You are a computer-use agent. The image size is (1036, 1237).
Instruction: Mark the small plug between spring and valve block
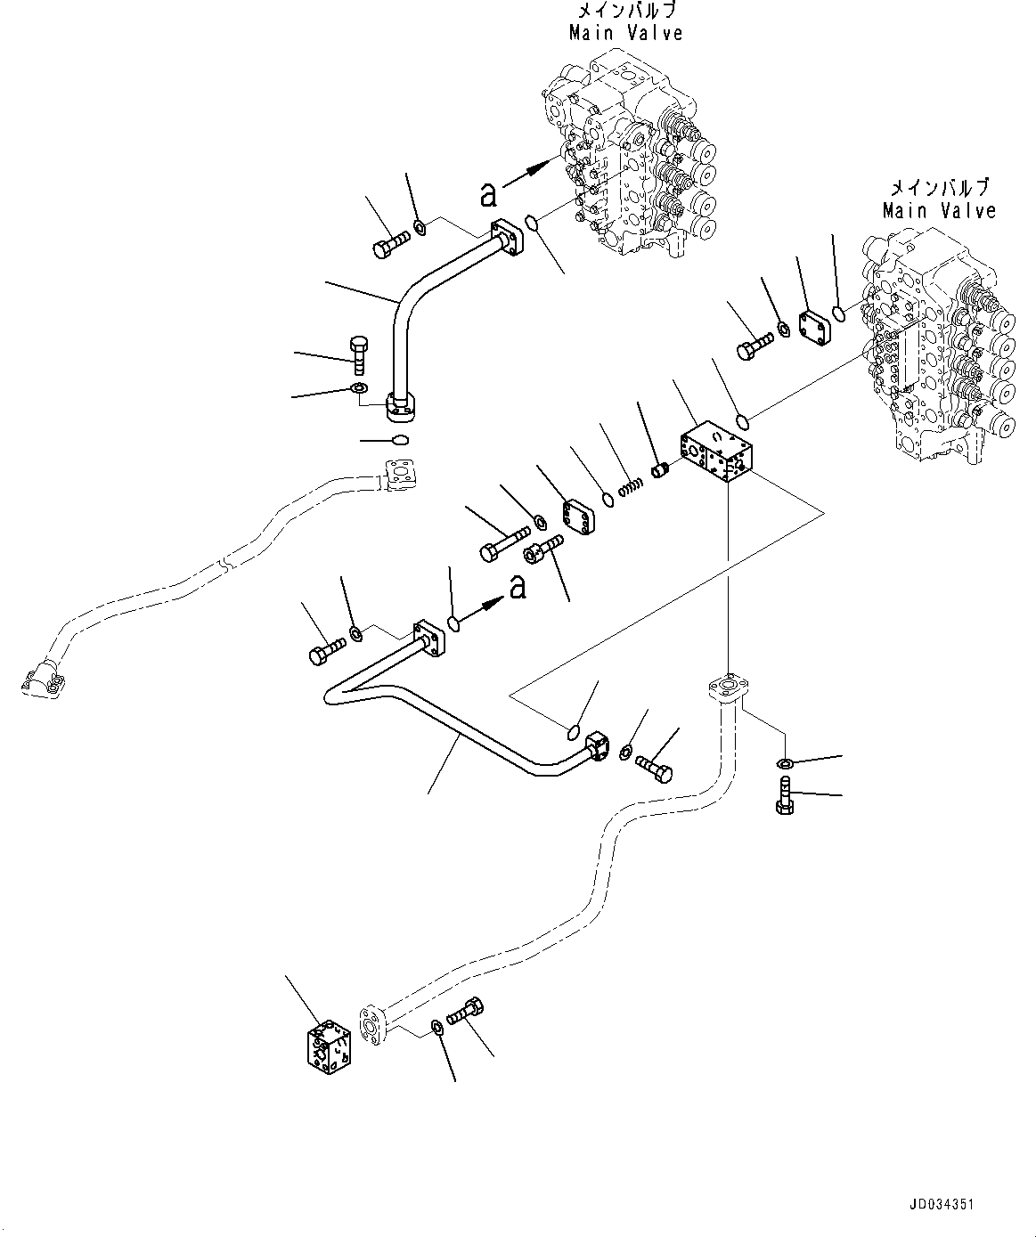tap(661, 468)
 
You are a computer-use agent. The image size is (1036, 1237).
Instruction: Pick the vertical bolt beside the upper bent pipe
tap(359, 354)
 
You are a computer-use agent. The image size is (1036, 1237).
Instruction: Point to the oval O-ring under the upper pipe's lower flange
tap(399, 439)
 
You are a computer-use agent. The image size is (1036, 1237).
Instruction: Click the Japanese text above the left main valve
tap(627, 12)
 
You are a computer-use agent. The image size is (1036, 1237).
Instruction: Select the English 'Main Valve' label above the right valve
tap(939, 211)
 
